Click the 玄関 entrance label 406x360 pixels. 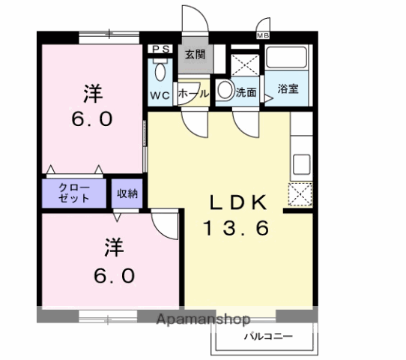point(196,54)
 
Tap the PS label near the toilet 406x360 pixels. point(160,49)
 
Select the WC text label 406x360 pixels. point(159,95)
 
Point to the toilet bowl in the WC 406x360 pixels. point(159,73)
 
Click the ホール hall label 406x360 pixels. point(193,93)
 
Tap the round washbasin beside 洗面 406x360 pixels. point(225,91)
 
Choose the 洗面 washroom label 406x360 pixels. point(246,92)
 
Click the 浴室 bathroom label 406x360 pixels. point(288,89)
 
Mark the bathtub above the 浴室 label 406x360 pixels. point(288,58)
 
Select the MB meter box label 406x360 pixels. point(263,35)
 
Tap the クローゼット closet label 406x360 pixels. point(75,192)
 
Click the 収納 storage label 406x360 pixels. point(127,193)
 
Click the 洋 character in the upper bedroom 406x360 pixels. point(92,95)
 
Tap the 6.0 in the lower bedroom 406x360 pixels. point(114,275)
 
